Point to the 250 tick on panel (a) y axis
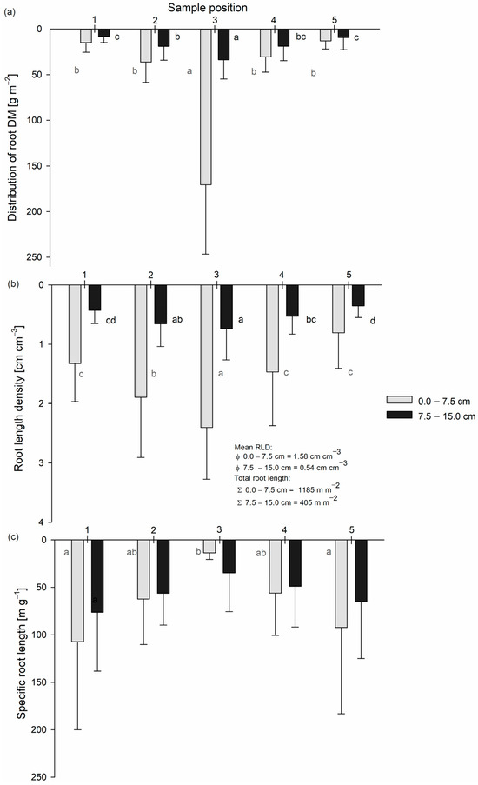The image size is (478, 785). [34, 257]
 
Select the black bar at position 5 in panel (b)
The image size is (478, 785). [358, 296]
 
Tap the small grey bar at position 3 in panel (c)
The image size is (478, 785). [209, 546]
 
